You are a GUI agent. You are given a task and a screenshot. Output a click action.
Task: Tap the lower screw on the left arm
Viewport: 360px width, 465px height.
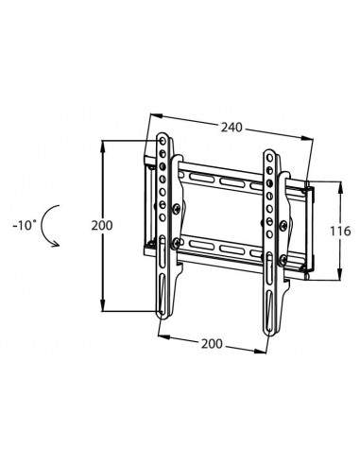point(179,243)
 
